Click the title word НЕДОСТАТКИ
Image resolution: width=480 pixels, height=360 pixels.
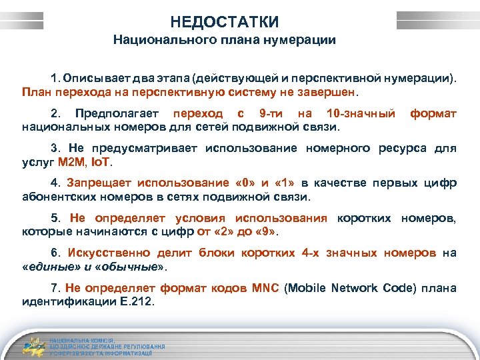pyautogui.click(x=224, y=22)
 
